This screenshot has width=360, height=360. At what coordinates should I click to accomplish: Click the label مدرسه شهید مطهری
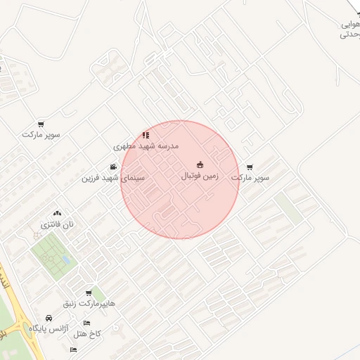(147, 146)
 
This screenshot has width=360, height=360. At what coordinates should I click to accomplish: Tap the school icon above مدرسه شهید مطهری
(146, 134)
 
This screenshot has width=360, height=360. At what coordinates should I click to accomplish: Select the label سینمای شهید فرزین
(112, 178)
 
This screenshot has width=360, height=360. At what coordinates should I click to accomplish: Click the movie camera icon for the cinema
(113, 167)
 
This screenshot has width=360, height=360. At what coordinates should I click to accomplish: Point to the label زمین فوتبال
(200, 175)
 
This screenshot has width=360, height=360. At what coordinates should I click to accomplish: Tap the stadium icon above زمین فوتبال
(200, 165)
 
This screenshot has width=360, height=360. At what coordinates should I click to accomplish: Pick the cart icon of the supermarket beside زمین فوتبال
(250, 167)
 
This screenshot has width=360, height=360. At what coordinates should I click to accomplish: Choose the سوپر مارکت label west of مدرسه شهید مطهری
(41, 134)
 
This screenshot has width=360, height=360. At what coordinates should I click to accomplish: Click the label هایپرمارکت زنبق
(89, 303)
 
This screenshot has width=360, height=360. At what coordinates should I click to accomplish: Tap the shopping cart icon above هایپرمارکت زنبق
(89, 292)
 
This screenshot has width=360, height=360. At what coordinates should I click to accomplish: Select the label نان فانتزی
(56, 224)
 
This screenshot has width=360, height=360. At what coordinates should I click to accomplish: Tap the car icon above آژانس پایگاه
(49, 318)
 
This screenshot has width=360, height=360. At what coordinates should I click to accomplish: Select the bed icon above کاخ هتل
(86, 323)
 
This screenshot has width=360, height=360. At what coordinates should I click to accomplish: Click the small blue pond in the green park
(66, 259)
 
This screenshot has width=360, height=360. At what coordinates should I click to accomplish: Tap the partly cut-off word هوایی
(350, 23)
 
